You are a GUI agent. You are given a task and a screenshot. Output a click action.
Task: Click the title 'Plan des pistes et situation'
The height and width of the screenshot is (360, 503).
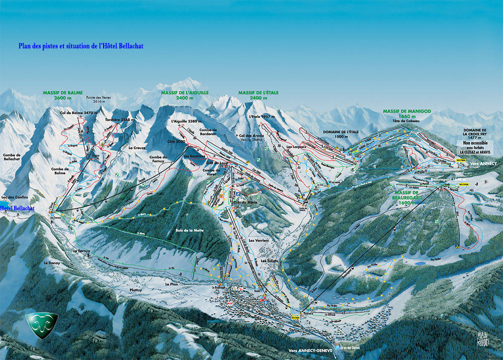coord(81,46)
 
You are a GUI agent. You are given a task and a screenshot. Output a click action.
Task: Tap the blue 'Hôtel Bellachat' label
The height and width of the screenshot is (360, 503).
coord(18,208)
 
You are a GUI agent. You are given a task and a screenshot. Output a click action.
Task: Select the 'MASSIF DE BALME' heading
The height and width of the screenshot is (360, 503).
coord(62,95)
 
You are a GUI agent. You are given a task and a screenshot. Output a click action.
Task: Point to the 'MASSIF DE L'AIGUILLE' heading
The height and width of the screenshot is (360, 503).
coord(185,95)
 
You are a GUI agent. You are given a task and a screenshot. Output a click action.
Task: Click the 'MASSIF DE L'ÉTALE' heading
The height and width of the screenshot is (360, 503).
coord(258,95)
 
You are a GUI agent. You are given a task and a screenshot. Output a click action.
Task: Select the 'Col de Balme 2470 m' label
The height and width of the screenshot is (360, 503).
coord(77,113)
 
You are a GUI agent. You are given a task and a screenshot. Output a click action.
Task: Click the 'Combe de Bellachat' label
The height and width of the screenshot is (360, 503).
coord(11,157)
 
